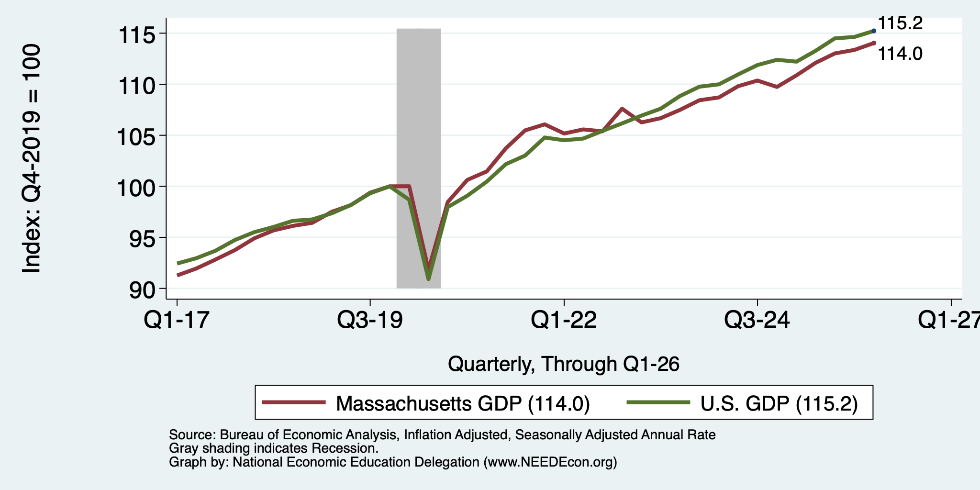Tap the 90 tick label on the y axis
coord(142,290)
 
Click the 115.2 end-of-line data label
coord(900,23)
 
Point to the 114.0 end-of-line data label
coord(900,54)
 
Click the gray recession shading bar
coord(419,158)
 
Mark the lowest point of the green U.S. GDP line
coord(428,278)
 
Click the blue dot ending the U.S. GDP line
coord(874,31)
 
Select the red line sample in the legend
coord(294,402)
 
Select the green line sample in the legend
coord(658,402)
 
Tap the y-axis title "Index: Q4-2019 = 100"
coord(31,158)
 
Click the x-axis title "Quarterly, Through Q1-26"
coord(564,364)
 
